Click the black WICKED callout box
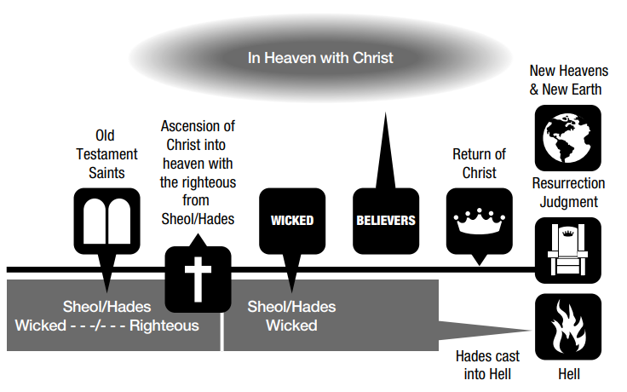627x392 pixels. point(292,221)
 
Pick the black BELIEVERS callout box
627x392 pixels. point(385,221)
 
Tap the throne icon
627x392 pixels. point(567,250)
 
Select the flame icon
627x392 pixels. point(567,330)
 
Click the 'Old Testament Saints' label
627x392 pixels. point(106,153)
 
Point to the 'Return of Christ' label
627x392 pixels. point(479,163)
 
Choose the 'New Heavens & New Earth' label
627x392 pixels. point(567,79)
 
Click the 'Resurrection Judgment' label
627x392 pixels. point(567,193)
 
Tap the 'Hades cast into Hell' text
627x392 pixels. point(487,364)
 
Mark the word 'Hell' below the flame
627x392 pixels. point(567,374)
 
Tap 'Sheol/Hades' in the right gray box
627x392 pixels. point(291,307)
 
